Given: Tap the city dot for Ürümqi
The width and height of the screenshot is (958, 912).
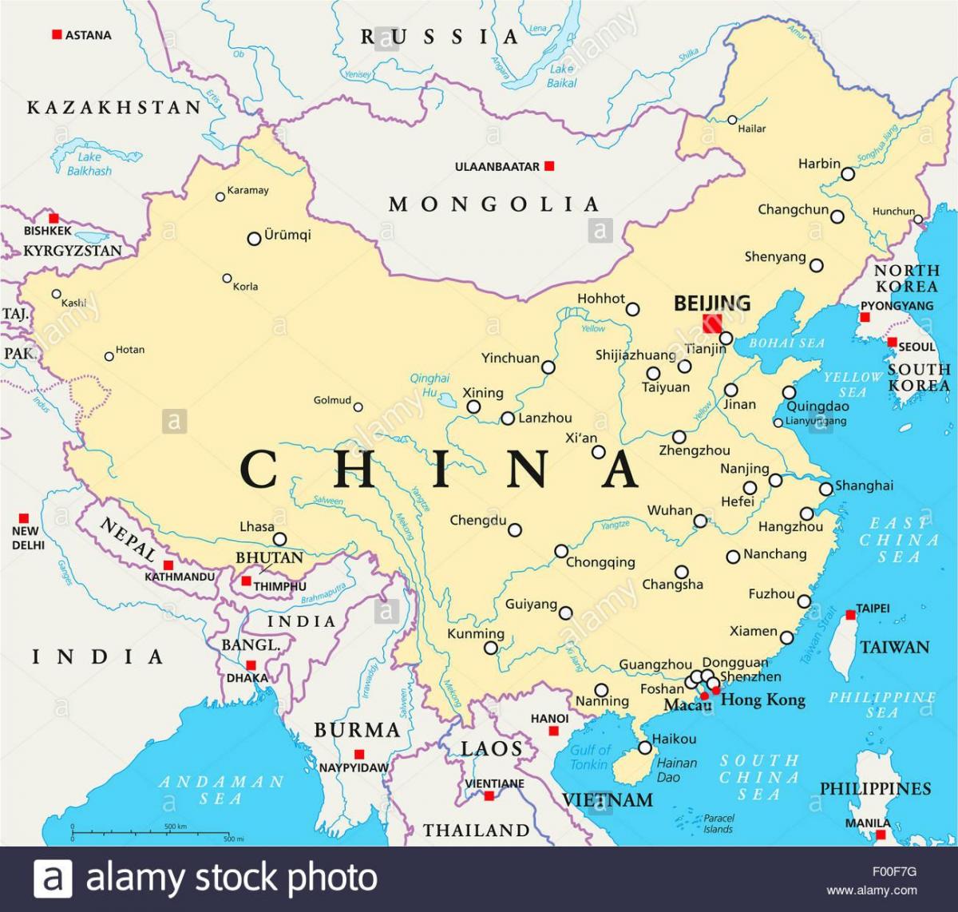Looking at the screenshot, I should [254, 238].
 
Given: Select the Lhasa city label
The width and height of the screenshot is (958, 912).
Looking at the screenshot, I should [256, 527].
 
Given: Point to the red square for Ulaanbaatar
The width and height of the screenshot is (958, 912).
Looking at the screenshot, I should [549, 166].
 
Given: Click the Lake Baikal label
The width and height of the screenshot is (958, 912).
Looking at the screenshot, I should [562, 76].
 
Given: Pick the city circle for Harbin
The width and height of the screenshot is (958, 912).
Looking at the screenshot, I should [848, 173].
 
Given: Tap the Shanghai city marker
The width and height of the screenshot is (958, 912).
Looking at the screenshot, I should [825, 488].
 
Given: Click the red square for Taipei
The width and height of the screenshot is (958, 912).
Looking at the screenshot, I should [851, 615].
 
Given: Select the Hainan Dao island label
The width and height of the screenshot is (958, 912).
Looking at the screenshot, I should [677, 769].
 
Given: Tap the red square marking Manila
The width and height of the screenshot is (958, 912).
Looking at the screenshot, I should [881, 835].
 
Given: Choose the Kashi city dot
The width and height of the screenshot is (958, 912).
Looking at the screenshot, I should [56, 294].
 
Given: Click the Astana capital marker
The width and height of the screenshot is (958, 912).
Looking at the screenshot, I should [57, 34].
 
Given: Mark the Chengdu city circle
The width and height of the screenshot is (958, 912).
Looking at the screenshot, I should [515, 529].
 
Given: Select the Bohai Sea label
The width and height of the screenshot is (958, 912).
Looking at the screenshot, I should [787, 343].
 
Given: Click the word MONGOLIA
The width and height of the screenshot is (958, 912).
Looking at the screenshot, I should [493, 204].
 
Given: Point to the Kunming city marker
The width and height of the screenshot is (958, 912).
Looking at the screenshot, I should [491, 648].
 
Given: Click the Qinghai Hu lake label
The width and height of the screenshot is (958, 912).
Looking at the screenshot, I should [430, 385].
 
